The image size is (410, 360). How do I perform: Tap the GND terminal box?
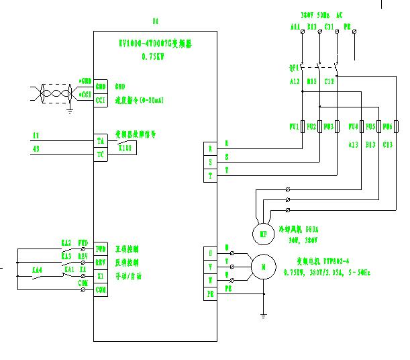(101, 87)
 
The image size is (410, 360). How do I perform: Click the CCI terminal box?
(101, 99)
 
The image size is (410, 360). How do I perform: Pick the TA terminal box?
(101, 141)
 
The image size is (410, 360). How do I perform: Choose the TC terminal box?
(101, 153)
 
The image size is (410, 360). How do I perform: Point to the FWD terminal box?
(101, 246)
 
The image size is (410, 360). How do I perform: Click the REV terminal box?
(101, 262)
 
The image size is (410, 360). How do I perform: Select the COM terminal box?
(101, 289)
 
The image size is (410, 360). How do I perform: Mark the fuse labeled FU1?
(303, 127)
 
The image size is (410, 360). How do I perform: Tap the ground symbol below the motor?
(264, 314)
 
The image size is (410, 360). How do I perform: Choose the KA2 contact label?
(66, 242)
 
